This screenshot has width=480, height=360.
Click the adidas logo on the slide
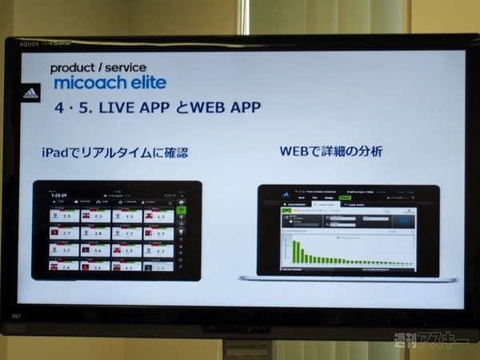31,93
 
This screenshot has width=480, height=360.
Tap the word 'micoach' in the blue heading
86,83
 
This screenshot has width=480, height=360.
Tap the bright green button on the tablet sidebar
181,210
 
